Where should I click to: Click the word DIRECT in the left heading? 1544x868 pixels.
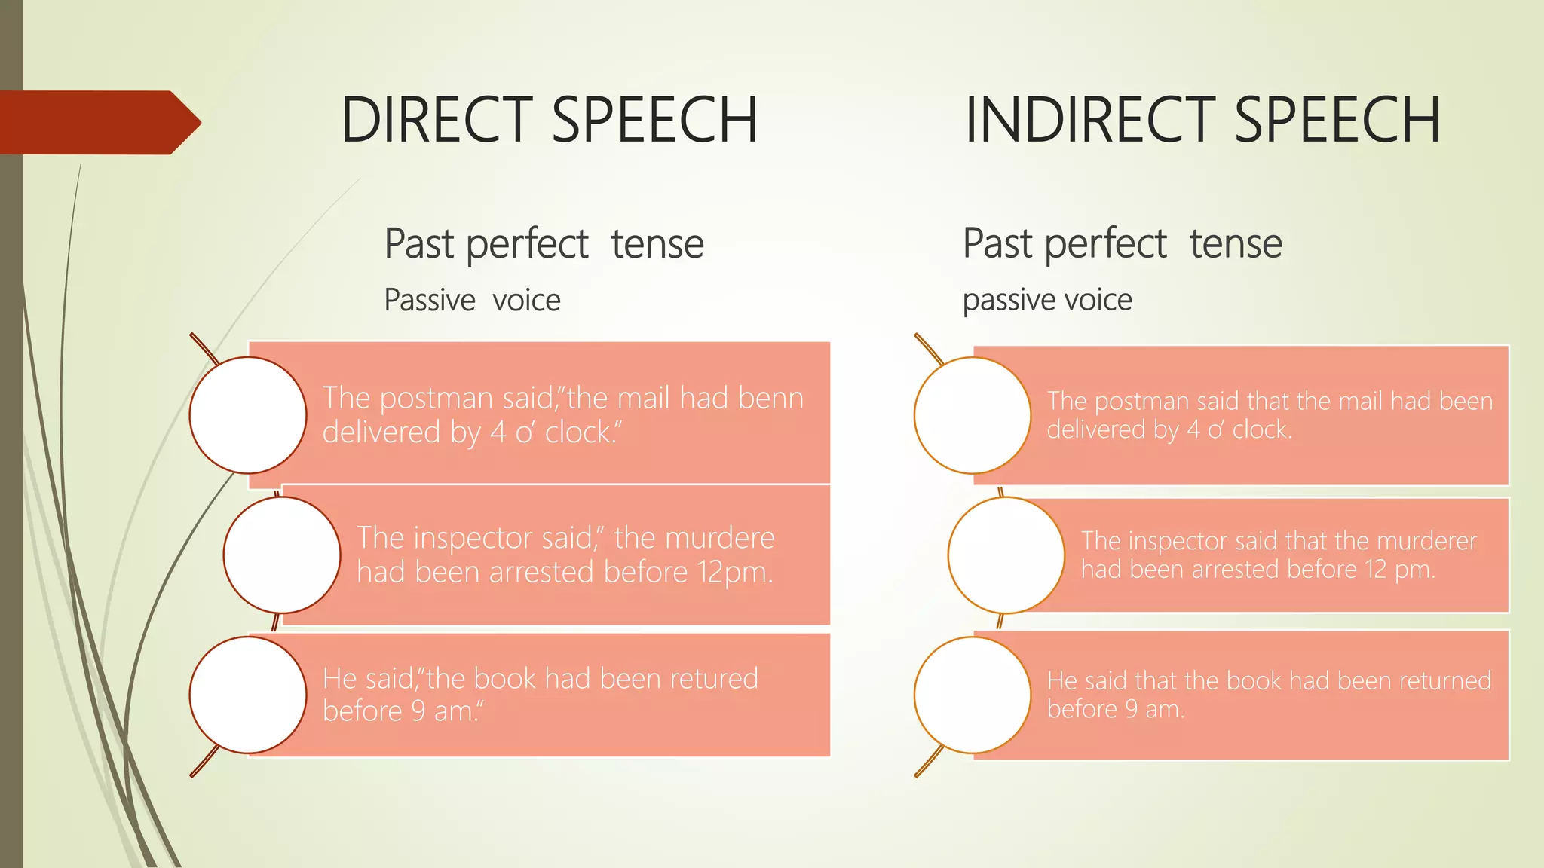(x=437, y=121)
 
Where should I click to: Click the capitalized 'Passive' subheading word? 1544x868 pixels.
(x=430, y=301)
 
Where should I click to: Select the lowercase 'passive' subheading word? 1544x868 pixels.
(x=1006, y=301)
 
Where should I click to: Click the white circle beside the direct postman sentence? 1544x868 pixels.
(x=248, y=415)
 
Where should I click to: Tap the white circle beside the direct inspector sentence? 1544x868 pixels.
(x=282, y=555)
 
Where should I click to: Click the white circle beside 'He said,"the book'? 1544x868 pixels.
(x=248, y=695)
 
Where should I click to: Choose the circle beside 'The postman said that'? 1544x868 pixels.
(x=973, y=415)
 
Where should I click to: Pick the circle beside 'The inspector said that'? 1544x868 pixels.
(x=1006, y=555)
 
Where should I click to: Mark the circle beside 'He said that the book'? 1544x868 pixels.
(x=973, y=695)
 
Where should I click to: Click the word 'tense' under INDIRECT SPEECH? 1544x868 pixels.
(x=1236, y=244)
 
